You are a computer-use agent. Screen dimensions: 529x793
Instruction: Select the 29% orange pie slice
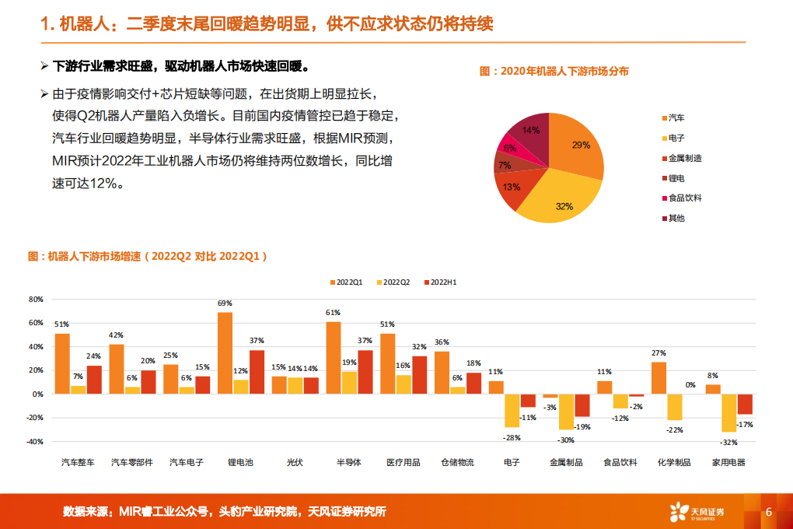(x=579, y=148)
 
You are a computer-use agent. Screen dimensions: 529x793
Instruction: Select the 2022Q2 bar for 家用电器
(x=728, y=412)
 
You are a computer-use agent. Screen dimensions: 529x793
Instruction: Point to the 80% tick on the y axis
(x=36, y=299)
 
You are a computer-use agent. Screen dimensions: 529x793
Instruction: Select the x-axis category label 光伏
(x=295, y=462)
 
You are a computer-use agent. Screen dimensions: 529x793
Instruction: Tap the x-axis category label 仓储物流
(x=458, y=462)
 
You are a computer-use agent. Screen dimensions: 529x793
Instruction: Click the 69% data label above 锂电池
(x=225, y=303)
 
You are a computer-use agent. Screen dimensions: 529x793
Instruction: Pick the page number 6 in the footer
(x=768, y=512)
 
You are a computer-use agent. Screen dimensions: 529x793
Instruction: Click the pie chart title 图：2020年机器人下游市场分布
(x=554, y=71)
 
